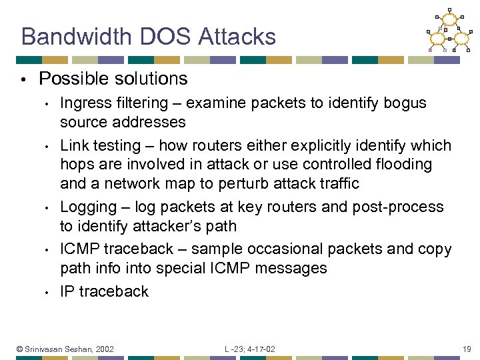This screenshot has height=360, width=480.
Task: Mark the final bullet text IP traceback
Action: click(104, 291)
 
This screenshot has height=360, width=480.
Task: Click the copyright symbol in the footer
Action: click(20, 349)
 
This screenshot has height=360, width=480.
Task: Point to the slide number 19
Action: click(465, 349)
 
